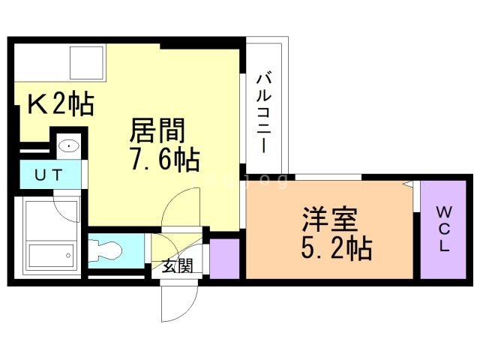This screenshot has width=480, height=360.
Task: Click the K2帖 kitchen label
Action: coord(60,104)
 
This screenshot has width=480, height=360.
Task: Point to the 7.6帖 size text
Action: coord(163,158)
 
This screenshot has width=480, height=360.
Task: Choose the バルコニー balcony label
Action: coord(264,112)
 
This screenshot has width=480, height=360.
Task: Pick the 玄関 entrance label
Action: coord(177,265)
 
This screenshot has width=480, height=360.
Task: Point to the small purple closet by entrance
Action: coord(224,258)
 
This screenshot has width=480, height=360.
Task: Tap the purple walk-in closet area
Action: coord(444,229)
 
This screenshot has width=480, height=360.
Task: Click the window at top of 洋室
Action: coord(327,178)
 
